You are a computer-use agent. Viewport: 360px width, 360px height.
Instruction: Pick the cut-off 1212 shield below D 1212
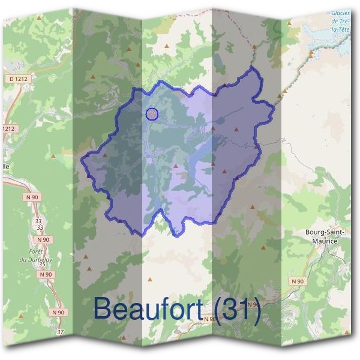7,128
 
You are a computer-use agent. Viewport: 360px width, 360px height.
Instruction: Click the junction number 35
41,264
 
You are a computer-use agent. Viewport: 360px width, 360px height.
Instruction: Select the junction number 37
59,332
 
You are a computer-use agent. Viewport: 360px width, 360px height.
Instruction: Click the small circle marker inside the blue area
152,113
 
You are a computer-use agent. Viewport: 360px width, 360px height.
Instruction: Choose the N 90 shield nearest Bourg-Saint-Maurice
297,280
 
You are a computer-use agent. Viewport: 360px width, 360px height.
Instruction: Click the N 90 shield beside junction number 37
58,312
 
